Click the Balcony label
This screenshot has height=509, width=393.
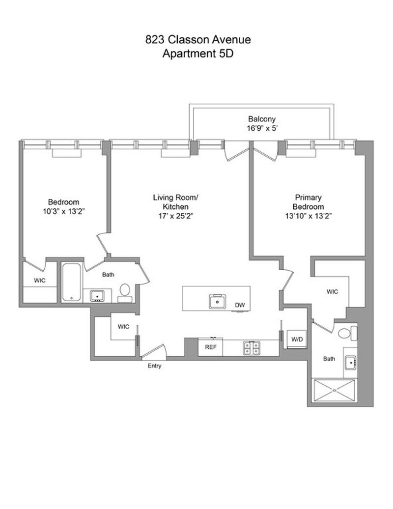tap(261, 119)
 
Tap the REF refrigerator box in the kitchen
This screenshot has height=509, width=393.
tap(210, 347)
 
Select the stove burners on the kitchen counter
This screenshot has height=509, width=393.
tap(252, 348)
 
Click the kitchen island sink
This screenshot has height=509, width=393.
tap(218, 301)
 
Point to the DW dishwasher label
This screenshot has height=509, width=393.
tap(240, 305)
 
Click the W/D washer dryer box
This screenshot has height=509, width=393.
tap(297, 339)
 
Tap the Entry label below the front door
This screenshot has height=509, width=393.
tap(154, 366)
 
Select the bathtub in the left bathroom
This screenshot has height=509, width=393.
tap(71, 282)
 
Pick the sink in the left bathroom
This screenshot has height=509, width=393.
tap(97, 296)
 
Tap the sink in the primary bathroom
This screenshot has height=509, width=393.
tap(350, 363)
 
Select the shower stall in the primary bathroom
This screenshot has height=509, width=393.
tap(334, 391)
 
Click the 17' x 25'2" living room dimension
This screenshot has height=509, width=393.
tap(175, 216)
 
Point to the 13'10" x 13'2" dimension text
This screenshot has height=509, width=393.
tap(308, 216)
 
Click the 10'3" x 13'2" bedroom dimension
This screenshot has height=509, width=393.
tap(63, 211)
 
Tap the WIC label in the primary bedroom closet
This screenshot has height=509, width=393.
tap(332, 291)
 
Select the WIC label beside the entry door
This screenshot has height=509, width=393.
tap(123, 327)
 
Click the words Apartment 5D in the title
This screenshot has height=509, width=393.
tap(197, 53)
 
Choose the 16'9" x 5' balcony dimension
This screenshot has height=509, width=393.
tap(262, 128)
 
